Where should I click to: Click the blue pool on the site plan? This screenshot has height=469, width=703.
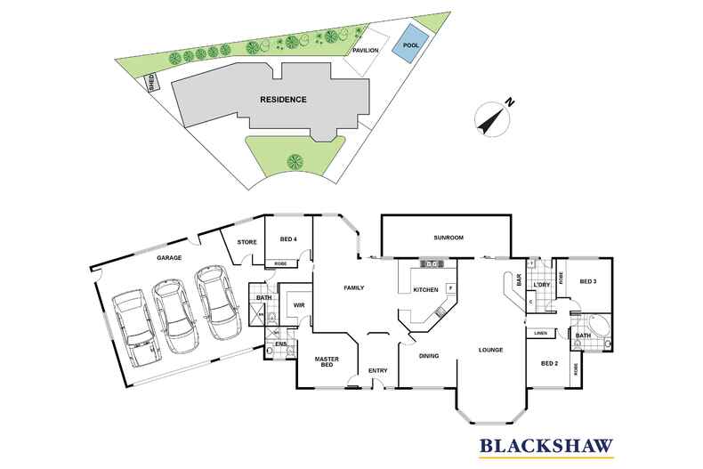410,47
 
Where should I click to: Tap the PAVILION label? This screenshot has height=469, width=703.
366,51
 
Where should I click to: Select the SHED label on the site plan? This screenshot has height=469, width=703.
152,84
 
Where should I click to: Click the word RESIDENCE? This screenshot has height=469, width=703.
283,99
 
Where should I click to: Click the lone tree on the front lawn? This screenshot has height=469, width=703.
294,161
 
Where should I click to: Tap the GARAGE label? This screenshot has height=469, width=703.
169,258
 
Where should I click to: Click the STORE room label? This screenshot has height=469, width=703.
246,241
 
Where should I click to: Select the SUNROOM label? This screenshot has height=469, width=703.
447,239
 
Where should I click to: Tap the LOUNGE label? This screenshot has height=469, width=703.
490,350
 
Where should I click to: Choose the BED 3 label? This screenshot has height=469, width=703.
587,281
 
